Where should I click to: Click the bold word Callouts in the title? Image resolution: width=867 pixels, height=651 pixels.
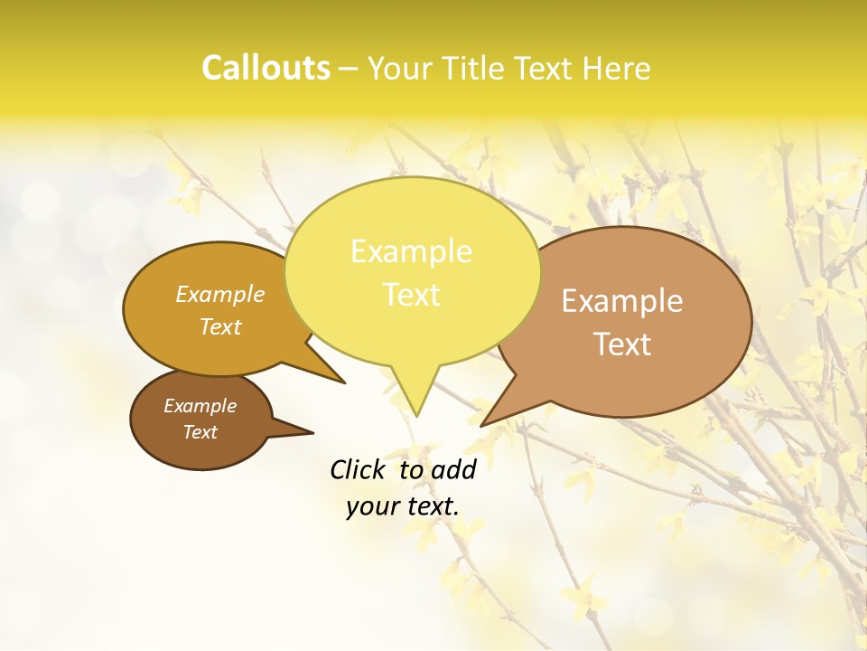pos(266,68)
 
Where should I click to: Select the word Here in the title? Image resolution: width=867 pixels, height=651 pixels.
pos(617,69)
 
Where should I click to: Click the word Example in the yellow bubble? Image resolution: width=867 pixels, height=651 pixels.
pos(411,251)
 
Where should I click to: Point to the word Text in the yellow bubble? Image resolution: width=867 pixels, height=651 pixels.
pos(411,295)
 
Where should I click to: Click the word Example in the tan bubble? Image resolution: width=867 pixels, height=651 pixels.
pos(622,301)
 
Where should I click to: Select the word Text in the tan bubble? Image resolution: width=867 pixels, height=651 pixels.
pos(622,344)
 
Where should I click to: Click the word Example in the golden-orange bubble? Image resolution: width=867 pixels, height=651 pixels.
pos(220,294)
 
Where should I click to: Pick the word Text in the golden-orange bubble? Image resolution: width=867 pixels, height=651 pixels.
pos(220,326)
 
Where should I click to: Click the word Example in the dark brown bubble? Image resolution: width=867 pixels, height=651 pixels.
pos(200,406)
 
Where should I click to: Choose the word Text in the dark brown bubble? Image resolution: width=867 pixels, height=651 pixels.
pos(200,432)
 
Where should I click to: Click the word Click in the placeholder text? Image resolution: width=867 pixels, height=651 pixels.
pos(359,469)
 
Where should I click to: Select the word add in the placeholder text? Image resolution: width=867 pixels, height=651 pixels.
pos(453,469)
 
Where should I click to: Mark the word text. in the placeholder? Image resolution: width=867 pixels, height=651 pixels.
pos(432,506)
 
